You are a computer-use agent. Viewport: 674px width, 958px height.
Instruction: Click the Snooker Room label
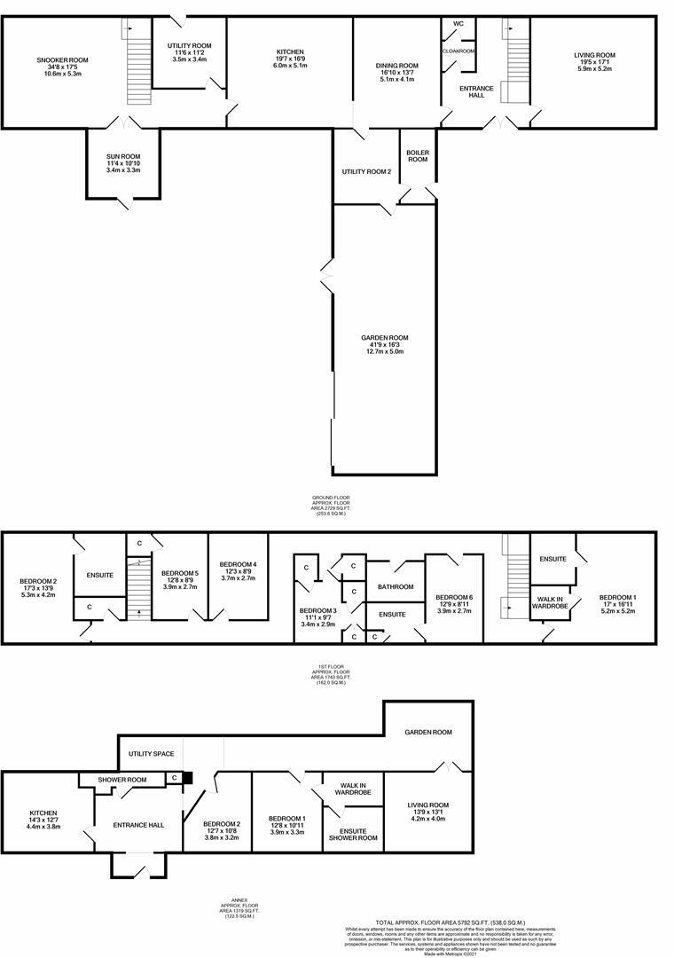click(62, 60)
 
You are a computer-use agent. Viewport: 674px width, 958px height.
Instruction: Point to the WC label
click(458, 23)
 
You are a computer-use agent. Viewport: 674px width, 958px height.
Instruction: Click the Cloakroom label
click(458, 51)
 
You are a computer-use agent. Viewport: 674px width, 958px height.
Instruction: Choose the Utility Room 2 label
click(366, 171)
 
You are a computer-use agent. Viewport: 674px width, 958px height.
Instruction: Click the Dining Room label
click(396, 66)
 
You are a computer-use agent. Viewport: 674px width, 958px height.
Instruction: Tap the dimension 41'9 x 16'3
click(385, 345)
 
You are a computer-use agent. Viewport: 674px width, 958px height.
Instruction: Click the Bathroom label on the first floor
click(395, 586)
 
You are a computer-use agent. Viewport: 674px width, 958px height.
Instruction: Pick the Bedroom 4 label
click(238, 564)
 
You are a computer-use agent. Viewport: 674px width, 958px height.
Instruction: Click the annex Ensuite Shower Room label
click(353, 833)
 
